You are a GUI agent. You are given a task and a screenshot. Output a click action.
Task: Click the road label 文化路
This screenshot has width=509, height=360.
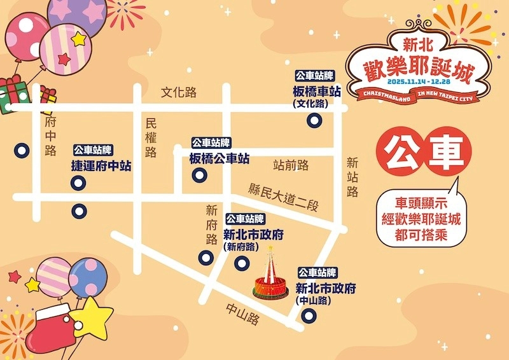pos(179,93)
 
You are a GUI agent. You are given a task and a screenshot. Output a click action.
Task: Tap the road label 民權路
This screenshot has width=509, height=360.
pos(151,137)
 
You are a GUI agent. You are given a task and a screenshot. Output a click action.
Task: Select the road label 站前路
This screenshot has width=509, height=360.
pos(291,166)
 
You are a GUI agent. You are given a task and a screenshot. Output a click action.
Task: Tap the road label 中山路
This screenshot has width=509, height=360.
pos(243,314)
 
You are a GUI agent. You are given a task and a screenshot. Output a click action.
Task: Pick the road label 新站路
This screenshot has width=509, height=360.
pos(352,177)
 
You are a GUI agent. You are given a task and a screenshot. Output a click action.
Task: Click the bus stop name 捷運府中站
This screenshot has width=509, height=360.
pos(101,166)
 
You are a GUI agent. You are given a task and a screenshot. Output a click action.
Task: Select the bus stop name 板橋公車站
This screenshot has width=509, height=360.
pos(220,159)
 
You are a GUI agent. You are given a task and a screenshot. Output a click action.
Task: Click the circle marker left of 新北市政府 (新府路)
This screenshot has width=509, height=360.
pos(206,257)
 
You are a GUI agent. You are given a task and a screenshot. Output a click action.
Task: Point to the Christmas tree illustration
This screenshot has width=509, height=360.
pos(270,275)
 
